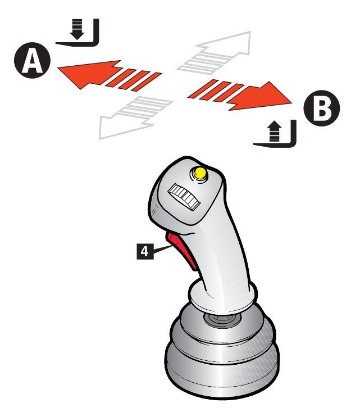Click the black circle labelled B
coord(321,108)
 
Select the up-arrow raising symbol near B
coord(276,135)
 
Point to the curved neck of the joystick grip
coord(225,253)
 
